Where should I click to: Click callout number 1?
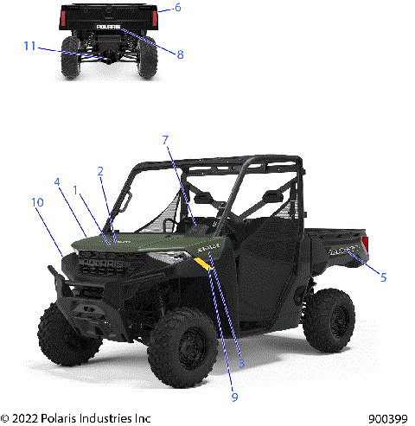click(76, 188)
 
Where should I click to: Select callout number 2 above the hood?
click(101, 171)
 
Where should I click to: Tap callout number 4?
click(57, 182)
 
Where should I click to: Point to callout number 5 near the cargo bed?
click(384, 277)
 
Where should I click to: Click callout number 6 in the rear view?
click(177, 8)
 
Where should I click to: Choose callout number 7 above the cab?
click(165, 139)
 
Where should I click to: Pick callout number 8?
click(180, 54)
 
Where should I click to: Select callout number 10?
click(37, 202)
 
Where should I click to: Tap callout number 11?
click(29, 46)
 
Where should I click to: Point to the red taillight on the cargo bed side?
click(365, 244)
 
